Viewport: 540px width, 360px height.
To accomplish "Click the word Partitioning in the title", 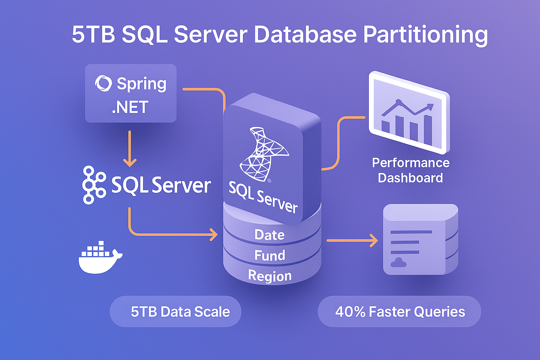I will (x=425, y=35).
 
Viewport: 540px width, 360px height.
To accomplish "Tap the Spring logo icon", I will (x=103, y=84).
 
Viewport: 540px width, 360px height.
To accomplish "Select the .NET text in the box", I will (x=130, y=107).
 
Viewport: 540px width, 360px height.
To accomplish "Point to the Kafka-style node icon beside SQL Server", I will (x=94, y=185).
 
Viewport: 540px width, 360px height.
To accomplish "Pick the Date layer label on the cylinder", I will (x=270, y=235).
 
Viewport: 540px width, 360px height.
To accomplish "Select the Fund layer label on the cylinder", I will (x=270, y=256).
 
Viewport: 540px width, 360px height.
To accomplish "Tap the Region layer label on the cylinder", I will (x=270, y=276).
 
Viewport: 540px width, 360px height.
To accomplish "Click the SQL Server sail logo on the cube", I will (x=263, y=155).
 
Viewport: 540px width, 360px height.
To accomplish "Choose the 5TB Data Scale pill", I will (x=175, y=311).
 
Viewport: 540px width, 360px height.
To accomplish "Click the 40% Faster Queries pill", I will (x=399, y=311).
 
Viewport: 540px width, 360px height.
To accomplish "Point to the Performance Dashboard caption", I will (x=411, y=171).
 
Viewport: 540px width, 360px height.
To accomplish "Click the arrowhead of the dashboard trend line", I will (x=430, y=107).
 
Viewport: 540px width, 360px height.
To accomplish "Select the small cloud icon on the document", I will (x=398, y=262).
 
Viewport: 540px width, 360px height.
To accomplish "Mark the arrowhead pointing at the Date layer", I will (x=214, y=234).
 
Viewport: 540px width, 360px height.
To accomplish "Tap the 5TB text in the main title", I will (x=94, y=35).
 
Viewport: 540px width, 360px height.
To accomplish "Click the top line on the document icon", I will (x=411, y=232).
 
